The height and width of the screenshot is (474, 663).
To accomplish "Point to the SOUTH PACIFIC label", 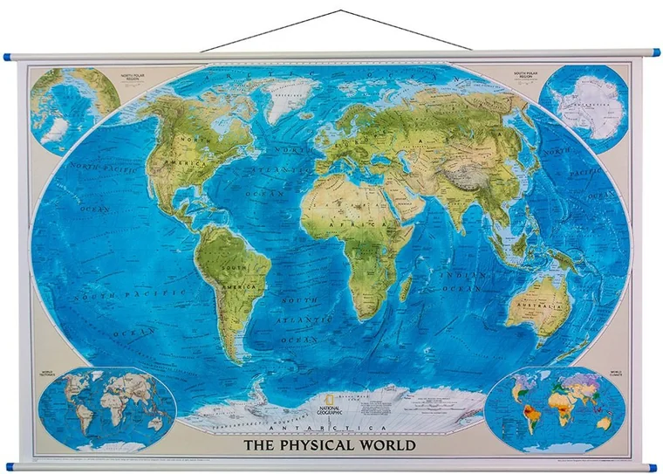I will [113, 297].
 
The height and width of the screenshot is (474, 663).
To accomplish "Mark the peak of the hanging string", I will [341, 11].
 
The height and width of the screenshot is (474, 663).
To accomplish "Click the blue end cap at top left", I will [7, 57].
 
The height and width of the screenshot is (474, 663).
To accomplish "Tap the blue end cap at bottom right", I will [653, 467].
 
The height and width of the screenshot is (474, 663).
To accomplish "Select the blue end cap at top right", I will [654, 53].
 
